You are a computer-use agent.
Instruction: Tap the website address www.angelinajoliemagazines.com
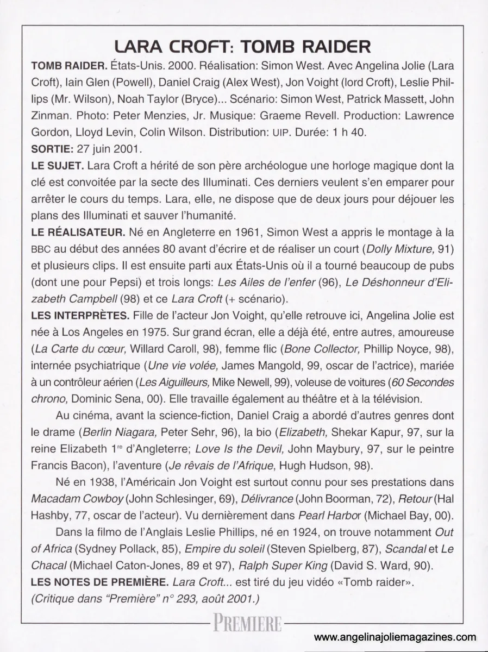[395, 638]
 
